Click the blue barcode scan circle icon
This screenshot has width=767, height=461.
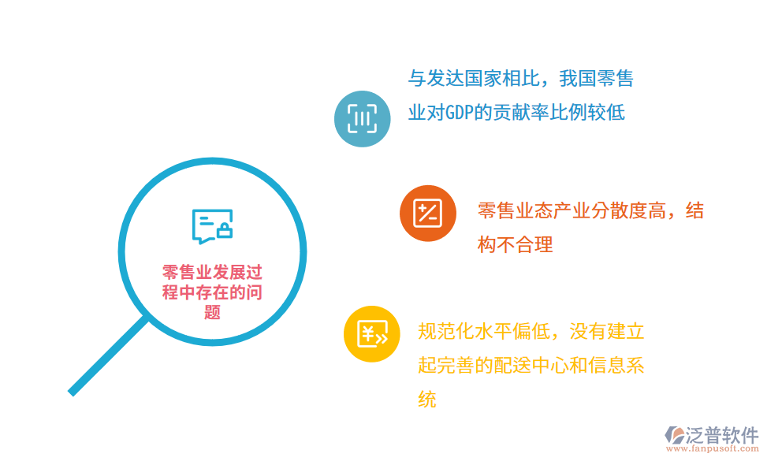(x=362, y=119)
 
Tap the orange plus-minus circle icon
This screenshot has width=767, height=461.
(x=428, y=214)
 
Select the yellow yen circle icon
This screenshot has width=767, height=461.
(x=372, y=333)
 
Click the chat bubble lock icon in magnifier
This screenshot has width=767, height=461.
(x=212, y=226)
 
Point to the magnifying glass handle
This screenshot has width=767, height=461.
(x=108, y=355)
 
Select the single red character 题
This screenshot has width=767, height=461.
(x=212, y=311)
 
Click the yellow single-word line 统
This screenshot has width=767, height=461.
(x=426, y=400)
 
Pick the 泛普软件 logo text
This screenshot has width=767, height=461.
(x=724, y=434)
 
